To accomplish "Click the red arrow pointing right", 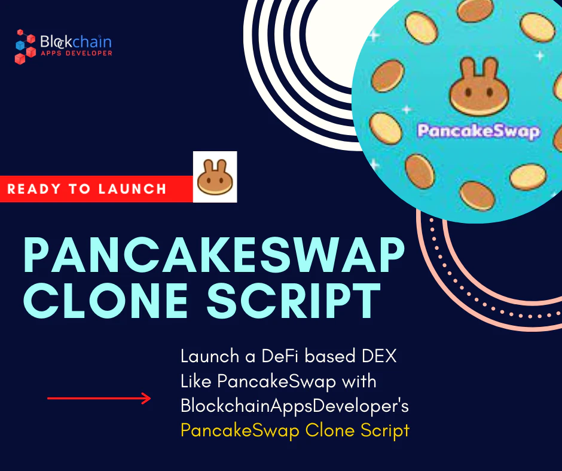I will (99, 398).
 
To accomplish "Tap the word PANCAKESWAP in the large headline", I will (213, 255).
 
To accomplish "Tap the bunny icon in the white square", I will (215, 177).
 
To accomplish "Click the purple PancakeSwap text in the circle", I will (478, 131).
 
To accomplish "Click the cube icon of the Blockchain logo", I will (25, 46).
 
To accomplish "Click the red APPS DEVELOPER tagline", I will (77, 53).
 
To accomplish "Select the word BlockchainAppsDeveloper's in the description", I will (295, 405).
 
